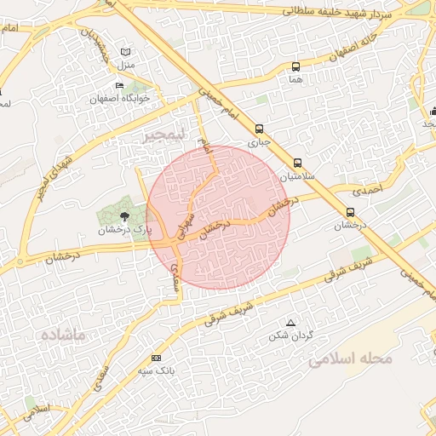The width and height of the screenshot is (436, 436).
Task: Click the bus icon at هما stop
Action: [295, 66]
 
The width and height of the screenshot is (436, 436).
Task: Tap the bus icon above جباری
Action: [259, 129]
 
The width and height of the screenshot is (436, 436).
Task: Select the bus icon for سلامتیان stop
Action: [297, 163]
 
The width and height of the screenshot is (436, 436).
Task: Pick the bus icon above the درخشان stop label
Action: [350, 212]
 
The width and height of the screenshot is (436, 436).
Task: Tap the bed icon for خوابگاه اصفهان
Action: [119, 86]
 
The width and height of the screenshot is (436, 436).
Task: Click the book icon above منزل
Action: [127, 52]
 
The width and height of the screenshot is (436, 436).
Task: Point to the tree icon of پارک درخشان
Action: [125, 216]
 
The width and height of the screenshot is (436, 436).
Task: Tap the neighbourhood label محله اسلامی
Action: [351, 359]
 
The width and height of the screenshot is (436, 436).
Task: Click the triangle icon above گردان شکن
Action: [291, 323]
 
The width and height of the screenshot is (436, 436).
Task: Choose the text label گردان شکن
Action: [291, 336]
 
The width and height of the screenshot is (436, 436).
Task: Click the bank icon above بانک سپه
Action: [155, 359]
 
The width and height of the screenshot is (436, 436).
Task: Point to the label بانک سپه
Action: [155, 372]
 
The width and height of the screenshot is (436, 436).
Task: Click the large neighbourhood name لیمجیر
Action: [162, 135]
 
